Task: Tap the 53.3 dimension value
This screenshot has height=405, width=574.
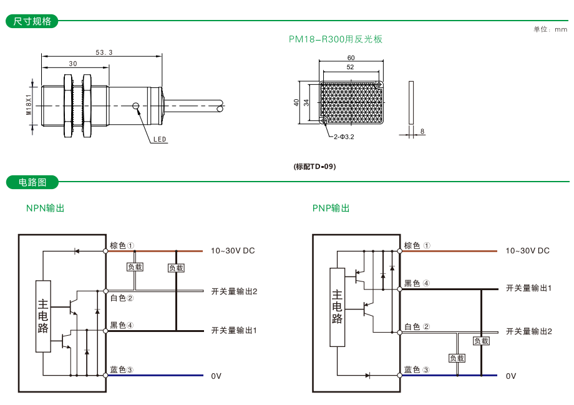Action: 104,52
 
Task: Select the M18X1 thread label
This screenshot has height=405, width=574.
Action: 29,105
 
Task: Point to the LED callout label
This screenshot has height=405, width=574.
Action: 160,140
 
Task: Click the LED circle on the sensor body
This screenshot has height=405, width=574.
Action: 135,105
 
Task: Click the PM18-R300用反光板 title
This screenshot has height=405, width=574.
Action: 335,39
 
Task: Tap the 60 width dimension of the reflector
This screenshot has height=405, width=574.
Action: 351,58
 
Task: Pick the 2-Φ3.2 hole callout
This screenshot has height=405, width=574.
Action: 344,136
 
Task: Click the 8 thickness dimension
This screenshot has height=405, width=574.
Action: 422,131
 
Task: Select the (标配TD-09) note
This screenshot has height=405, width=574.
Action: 314,167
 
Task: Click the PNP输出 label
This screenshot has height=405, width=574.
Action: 331,208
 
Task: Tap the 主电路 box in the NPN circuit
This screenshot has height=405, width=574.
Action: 43,316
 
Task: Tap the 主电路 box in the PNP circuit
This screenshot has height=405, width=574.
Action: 337,307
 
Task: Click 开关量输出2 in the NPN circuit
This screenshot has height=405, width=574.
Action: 234,291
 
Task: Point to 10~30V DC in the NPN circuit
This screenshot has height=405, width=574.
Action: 233,251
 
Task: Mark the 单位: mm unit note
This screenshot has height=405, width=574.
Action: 550,29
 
